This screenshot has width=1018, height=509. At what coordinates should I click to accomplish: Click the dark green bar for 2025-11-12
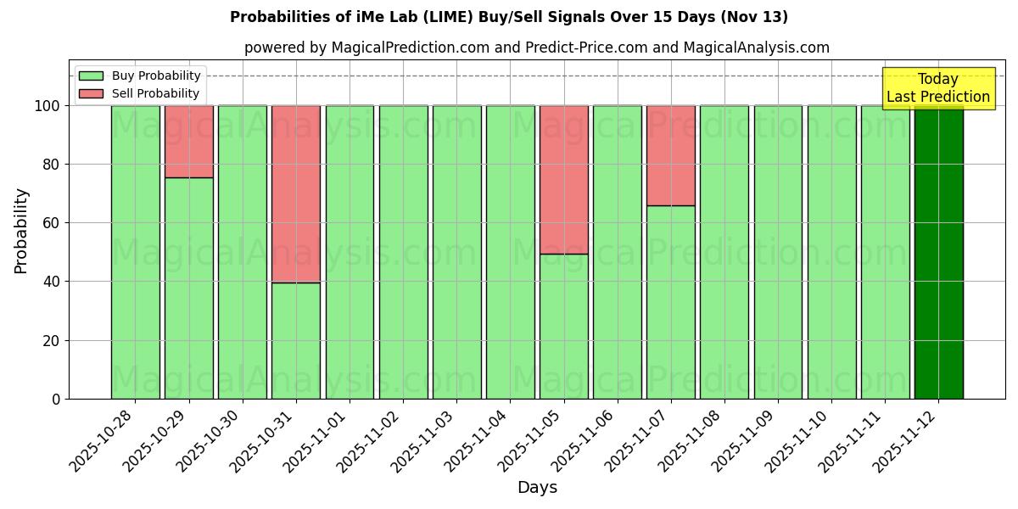click(x=938, y=252)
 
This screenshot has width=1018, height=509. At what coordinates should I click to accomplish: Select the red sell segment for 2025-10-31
click(x=296, y=193)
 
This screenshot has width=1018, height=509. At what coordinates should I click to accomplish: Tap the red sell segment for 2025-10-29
click(x=188, y=142)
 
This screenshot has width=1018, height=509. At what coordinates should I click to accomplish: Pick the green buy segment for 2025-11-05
click(x=563, y=326)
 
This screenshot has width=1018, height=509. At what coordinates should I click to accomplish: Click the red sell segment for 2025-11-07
click(x=670, y=155)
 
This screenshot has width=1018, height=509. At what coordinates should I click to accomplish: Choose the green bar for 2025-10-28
click(x=135, y=252)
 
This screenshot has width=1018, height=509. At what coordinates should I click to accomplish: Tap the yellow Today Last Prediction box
click(x=937, y=88)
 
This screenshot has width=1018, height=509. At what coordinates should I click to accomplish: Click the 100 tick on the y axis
click(x=48, y=106)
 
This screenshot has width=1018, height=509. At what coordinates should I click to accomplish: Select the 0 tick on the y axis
click(x=56, y=399)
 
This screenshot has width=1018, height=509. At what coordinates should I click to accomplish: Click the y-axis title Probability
click(x=21, y=230)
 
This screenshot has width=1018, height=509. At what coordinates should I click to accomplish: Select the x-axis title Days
click(x=537, y=487)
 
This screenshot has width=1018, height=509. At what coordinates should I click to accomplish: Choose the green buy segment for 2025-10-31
click(x=296, y=340)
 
